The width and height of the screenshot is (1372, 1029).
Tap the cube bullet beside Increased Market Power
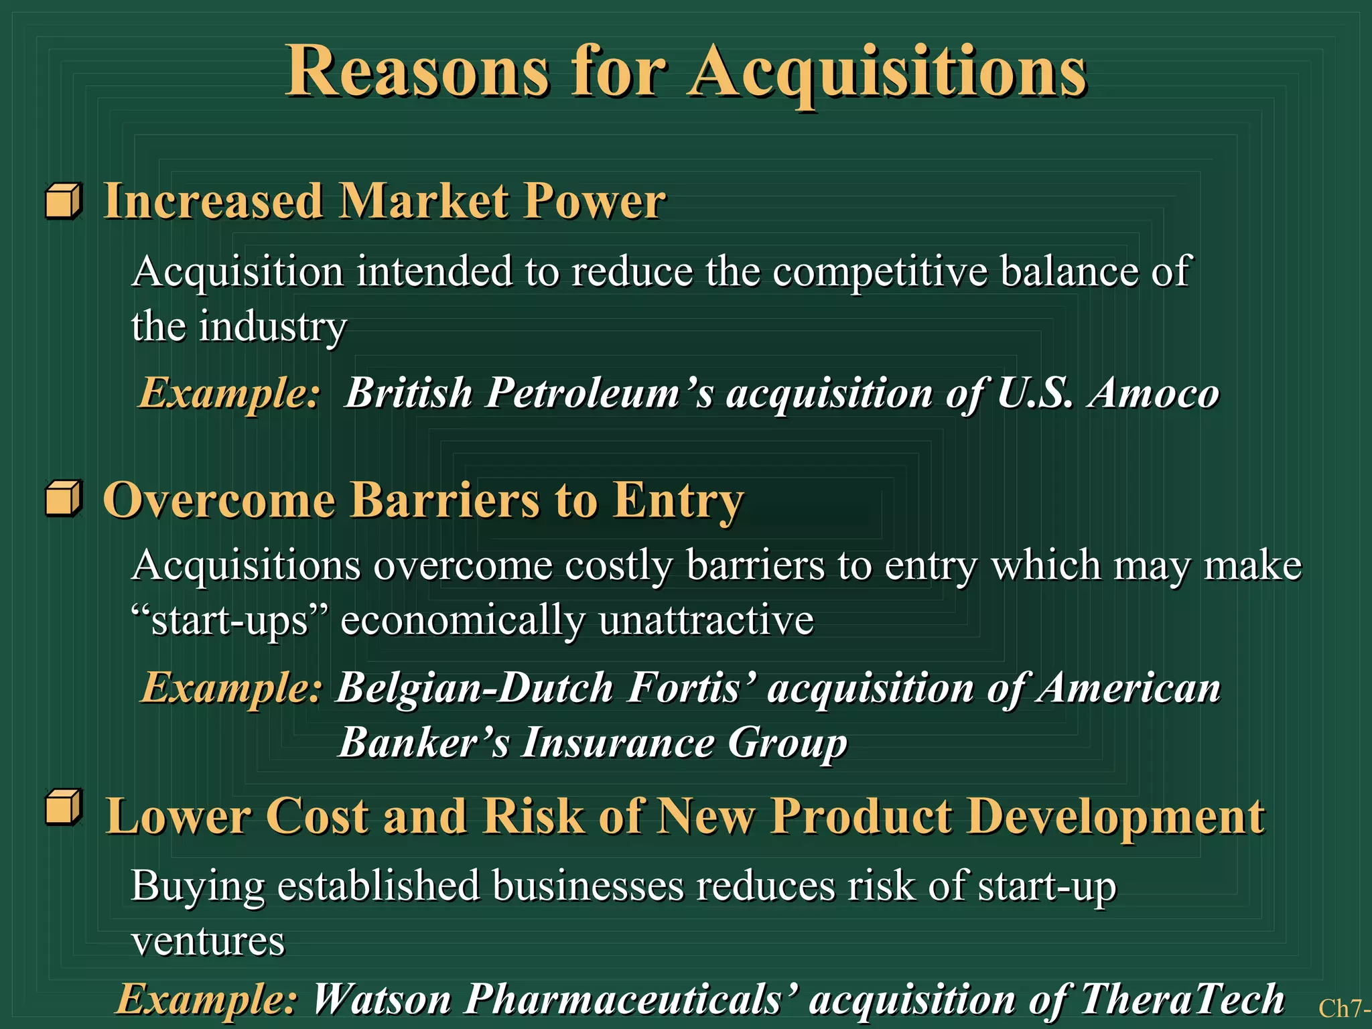click(x=64, y=201)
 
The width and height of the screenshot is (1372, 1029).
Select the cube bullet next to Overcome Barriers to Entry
click(x=64, y=498)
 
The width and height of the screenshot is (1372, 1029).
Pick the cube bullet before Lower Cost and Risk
click(x=64, y=807)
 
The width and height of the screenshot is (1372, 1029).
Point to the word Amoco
click(x=1154, y=393)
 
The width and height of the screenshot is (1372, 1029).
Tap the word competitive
click(x=880, y=272)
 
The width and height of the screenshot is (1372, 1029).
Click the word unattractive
click(x=706, y=620)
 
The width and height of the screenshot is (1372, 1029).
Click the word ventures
click(x=208, y=941)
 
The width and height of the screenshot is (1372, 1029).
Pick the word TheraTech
click(x=1182, y=1000)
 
